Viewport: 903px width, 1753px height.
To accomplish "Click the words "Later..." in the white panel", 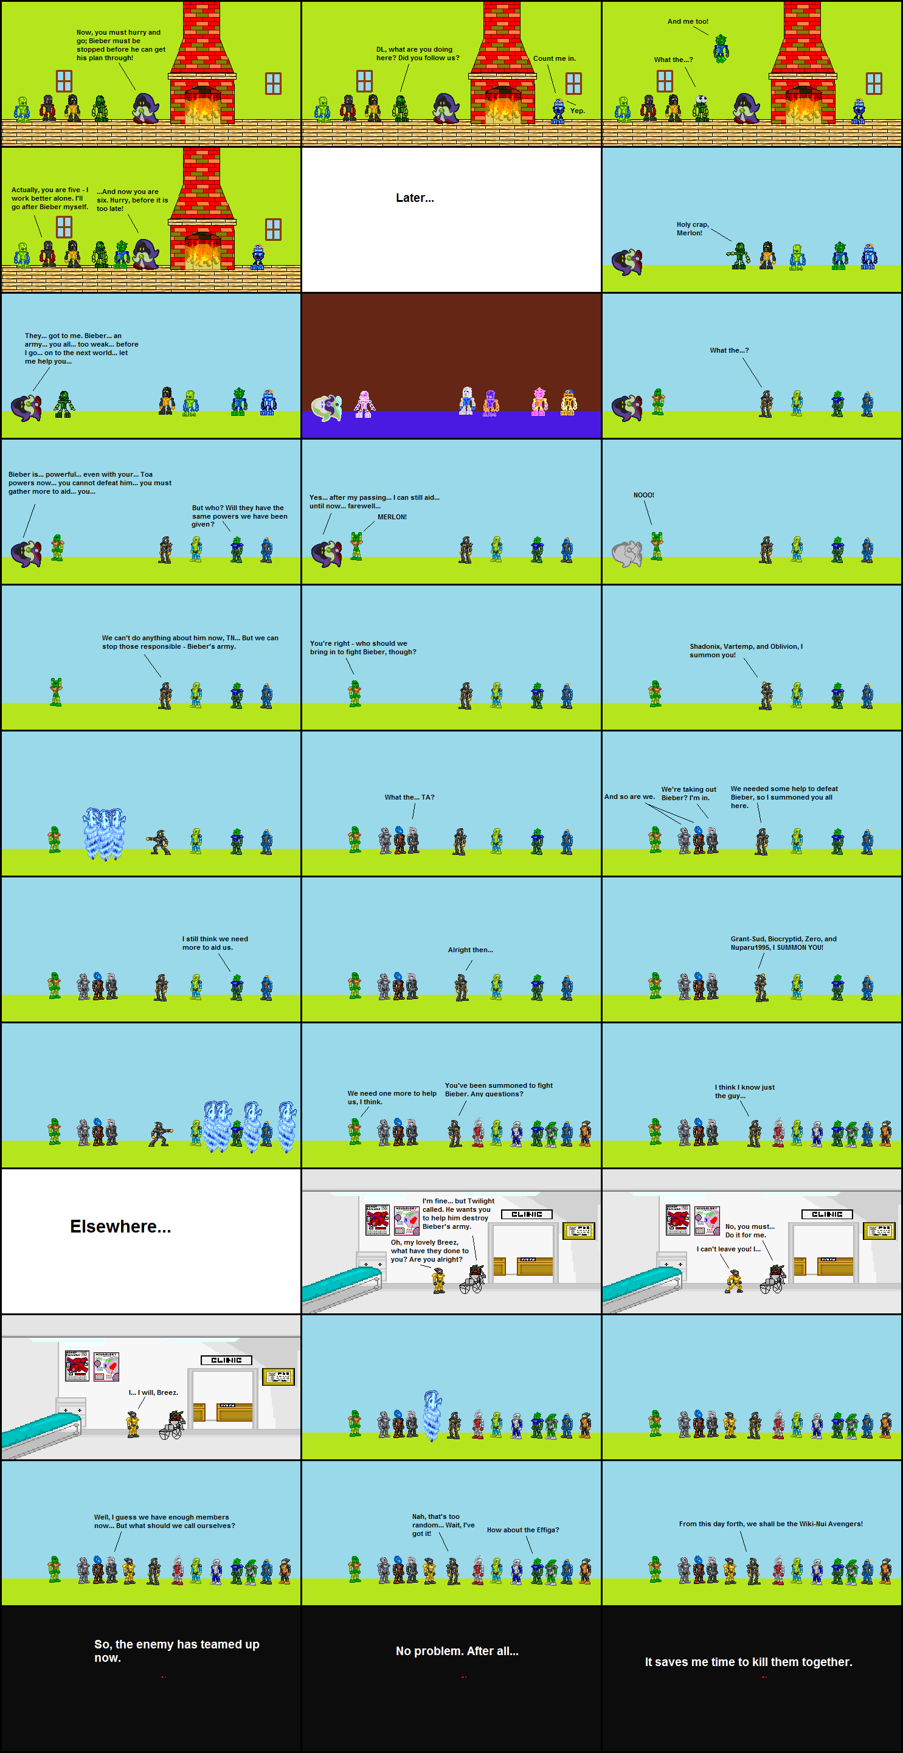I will tap(415, 198).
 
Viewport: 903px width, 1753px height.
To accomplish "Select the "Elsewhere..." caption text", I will tap(120, 1226).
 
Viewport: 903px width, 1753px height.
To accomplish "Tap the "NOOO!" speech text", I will tap(643, 496).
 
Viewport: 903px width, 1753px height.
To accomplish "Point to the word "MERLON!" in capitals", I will tap(392, 517).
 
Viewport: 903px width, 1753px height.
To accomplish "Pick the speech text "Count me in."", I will tap(554, 58).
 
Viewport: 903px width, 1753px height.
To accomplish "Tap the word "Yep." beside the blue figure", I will tap(577, 111).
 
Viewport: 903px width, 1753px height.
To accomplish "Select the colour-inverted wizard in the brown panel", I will tap(327, 406).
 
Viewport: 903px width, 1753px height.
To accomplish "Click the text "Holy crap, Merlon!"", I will tap(692, 229).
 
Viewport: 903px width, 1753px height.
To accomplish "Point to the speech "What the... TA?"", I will tap(409, 797).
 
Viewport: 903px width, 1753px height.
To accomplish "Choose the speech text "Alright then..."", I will tap(470, 949).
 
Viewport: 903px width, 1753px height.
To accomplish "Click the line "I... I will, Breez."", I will tap(153, 1392).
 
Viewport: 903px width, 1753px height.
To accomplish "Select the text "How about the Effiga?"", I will tap(522, 1530).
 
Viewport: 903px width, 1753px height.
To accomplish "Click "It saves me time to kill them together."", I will tap(748, 1662).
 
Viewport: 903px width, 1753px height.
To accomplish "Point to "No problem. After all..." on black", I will tap(457, 1651).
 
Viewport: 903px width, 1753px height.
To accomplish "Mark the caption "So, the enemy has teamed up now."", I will tap(176, 1651).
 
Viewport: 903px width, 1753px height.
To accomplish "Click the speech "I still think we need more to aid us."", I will tap(215, 942).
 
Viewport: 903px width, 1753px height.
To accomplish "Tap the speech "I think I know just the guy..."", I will tap(744, 1091).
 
